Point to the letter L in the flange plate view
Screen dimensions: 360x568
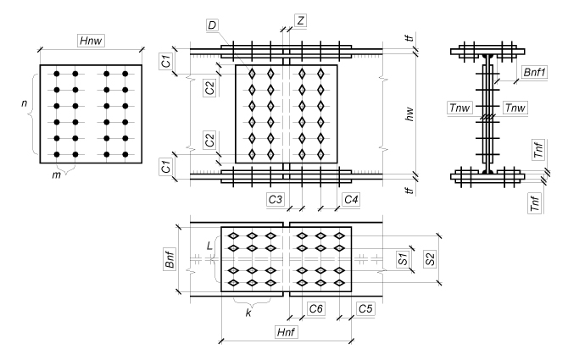point(209,246)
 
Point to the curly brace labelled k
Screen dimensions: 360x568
point(246,300)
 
